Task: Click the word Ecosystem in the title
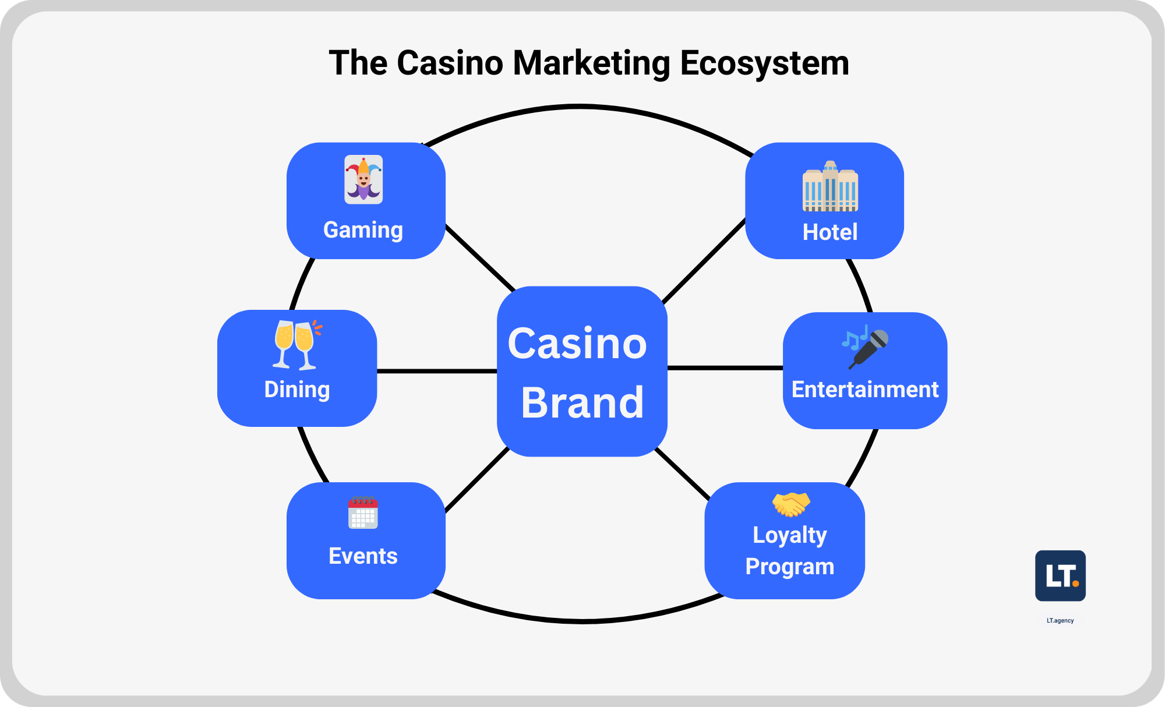click(x=764, y=63)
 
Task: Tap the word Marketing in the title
click(x=591, y=63)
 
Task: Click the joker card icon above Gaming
click(x=363, y=179)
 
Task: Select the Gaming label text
click(x=363, y=230)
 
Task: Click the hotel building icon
click(x=830, y=186)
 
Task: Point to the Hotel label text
click(x=829, y=232)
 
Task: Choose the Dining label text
click(x=297, y=390)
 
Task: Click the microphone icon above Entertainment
click(x=866, y=347)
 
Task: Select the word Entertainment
click(x=865, y=390)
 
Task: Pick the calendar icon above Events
click(x=363, y=512)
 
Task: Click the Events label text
click(x=363, y=556)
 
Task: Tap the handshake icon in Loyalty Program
click(x=790, y=504)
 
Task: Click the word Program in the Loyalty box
click(x=790, y=567)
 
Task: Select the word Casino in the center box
click(x=577, y=344)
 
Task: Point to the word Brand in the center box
click(x=582, y=403)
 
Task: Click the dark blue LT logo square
click(x=1060, y=575)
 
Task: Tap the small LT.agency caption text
click(x=1060, y=621)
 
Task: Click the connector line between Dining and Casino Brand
click(x=437, y=371)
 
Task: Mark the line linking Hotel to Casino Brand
click(x=704, y=261)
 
